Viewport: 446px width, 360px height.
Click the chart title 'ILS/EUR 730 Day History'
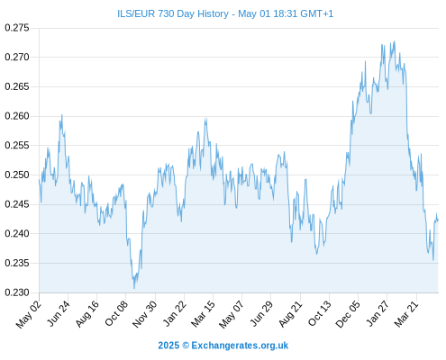click(x=173, y=13)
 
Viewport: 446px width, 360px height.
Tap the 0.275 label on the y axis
click(x=17, y=28)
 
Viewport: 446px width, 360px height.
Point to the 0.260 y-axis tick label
click(x=17, y=116)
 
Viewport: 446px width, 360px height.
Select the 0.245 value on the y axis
click(x=17, y=204)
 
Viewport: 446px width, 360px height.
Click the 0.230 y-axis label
click(x=17, y=292)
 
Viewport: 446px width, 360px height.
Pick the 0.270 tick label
click(x=17, y=57)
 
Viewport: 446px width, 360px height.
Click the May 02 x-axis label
click(x=29, y=314)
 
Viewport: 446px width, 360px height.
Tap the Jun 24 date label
click(x=59, y=313)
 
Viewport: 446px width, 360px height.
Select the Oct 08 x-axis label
click(x=116, y=313)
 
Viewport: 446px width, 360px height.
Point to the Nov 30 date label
click(x=145, y=314)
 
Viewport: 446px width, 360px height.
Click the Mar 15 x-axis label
click(x=203, y=314)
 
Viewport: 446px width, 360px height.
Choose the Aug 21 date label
click(x=290, y=314)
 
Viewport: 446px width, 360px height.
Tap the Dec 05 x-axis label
click(x=348, y=314)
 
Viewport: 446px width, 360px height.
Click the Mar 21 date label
click(x=406, y=314)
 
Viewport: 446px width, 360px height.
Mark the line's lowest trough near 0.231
click(x=134, y=288)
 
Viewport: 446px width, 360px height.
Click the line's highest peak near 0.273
click(x=395, y=41)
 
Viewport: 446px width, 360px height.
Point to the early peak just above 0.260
click(x=62, y=115)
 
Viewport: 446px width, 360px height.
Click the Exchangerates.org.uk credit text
click(x=240, y=346)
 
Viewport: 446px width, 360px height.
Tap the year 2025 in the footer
click(x=168, y=346)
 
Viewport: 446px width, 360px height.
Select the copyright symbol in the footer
click(x=186, y=346)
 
